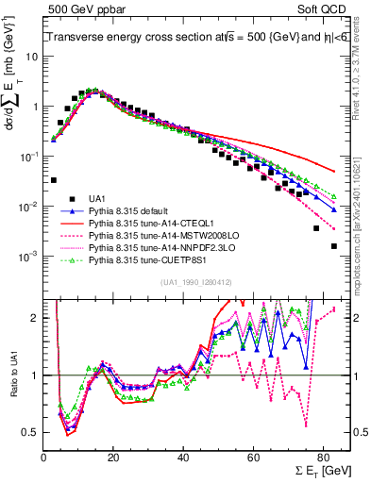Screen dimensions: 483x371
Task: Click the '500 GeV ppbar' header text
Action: point(79,9)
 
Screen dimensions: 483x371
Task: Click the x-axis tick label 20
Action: point(113,459)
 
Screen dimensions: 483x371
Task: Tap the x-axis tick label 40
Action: point(183,459)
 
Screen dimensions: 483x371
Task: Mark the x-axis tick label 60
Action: point(253,459)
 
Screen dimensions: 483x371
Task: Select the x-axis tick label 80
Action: point(323,459)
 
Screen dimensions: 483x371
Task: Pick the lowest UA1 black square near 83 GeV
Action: point(333,246)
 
